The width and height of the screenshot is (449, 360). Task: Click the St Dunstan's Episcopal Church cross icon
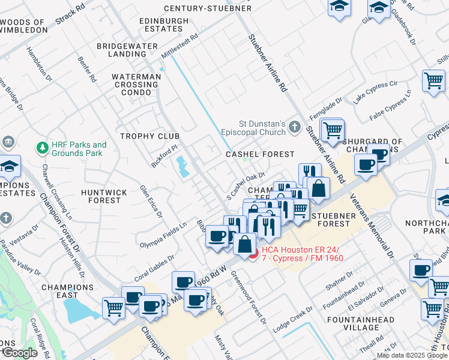click(294, 127)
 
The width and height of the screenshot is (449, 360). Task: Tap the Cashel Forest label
click(260, 154)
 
